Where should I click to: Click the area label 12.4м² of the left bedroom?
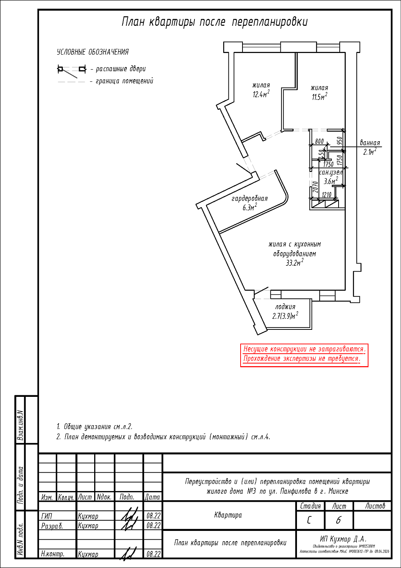pyautogui.click(x=261, y=94)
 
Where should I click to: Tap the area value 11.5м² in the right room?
pyautogui.click(x=319, y=97)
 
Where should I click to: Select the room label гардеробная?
pyautogui.click(x=249, y=198)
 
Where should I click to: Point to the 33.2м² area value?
pyautogui.click(x=294, y=263)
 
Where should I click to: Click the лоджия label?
pyautogui.click(x=285, y=307)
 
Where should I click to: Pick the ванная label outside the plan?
pyautogui.click(x=370, y=143)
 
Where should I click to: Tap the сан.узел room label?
pyautogui.click(x=331, y=172)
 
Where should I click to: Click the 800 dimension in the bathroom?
pyautogui.click(x=319, y=141)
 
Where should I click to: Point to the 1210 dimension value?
pyautogui.click(x=326, y=195)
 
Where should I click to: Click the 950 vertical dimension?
pyautogui.click(x=339, y=141)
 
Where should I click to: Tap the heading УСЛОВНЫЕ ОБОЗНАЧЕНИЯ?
pyautogui.click(x=93, y=52)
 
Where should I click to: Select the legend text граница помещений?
pyautogui.click(x=124, y=81)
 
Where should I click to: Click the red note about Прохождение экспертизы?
pyautogui.click(x=302, y=359)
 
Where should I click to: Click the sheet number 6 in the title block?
pyautogui.click(x=338, y=520)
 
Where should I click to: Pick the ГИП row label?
pyautogui.click(x=47, y=516)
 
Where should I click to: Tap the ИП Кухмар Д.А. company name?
pyautogui.click(x=343, y=539)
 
